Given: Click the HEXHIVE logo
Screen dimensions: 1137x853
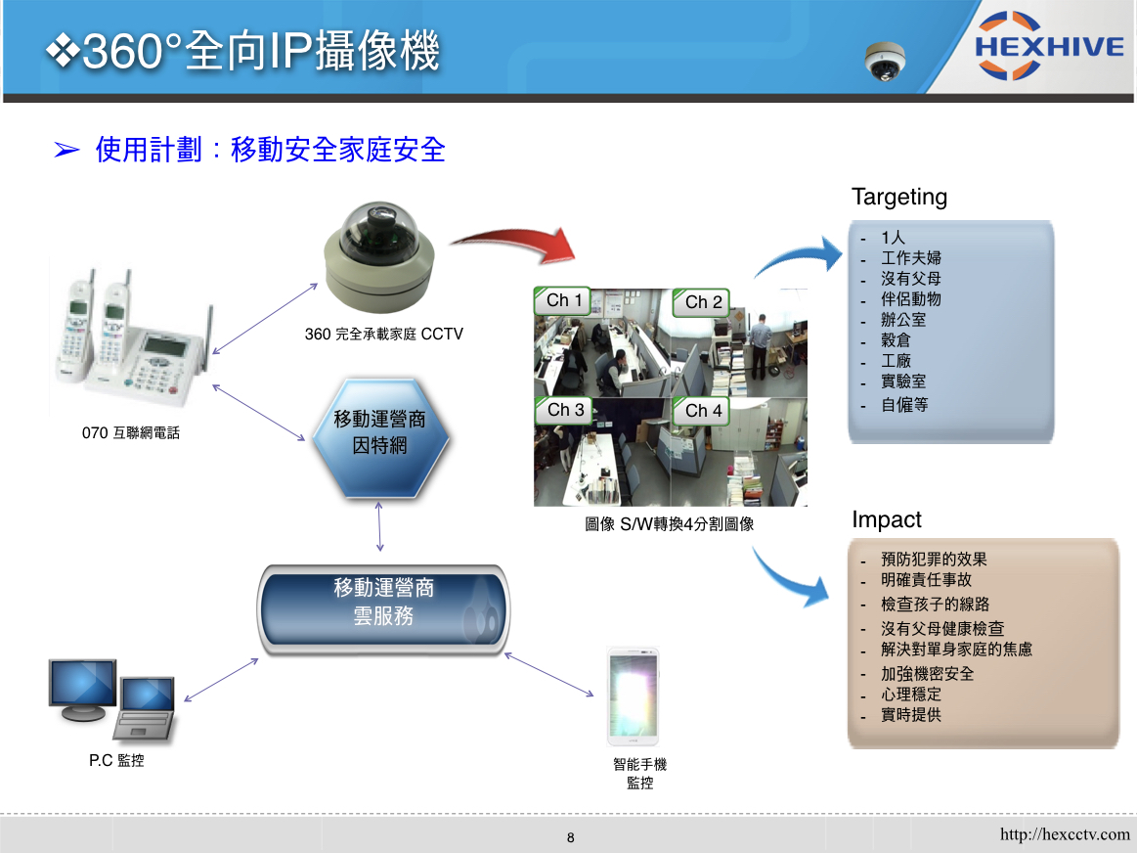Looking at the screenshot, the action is (1049, 46).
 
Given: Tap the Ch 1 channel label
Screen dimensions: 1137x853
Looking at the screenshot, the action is (563, 300).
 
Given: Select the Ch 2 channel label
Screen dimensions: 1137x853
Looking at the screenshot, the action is (701, 301).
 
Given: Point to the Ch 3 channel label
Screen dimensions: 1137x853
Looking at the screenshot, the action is (564, 410).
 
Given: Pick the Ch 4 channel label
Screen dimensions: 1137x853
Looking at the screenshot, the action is (701, 411).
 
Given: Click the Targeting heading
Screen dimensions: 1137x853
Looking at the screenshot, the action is (899, 198).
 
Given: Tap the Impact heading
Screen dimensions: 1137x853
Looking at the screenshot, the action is (886, 519).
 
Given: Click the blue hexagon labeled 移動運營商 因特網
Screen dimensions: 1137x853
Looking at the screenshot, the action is (380, 437).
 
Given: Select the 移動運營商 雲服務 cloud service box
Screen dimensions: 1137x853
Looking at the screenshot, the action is (383, 609).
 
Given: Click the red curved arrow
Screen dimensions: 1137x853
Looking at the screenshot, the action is (516, 243).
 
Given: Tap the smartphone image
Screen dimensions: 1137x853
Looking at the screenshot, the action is (634, 696).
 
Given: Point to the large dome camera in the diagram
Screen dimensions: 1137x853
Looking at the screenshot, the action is (378, 256).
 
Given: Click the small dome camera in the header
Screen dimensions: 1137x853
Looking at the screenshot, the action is (885, 61).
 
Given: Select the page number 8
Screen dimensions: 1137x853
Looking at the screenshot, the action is (571, 837).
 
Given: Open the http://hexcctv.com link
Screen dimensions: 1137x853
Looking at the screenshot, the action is (1065, 834).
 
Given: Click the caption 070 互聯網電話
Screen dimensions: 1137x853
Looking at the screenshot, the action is (131, 433).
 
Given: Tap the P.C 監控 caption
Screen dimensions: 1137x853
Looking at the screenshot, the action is (116, 760).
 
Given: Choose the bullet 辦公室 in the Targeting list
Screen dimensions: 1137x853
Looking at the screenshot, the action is (902, 320).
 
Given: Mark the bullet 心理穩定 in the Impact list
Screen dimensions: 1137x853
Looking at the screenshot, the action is (911, 695).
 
